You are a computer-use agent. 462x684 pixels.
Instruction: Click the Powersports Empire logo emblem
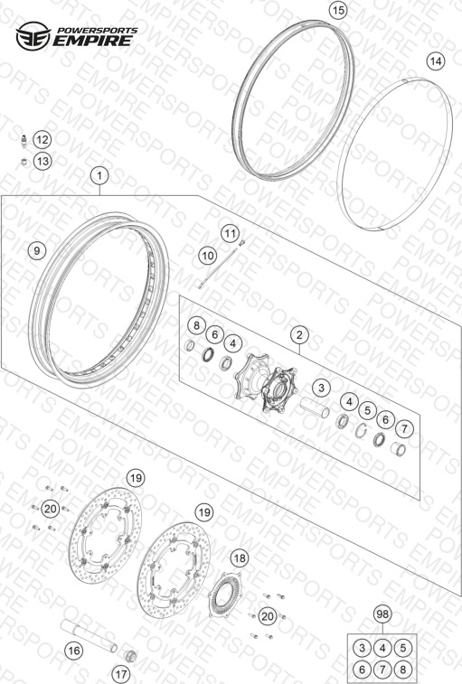pyautogui.click(x=33, y=36)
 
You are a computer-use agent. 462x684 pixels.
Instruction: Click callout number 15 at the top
pyautogui.click(x=338, y=10)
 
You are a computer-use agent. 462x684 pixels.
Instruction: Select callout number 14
pyautogui.click(x=436, y=61)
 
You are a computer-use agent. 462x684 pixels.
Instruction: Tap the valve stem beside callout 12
pyautogui.click(x=24, y=140)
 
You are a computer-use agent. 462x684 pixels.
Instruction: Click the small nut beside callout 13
pyautogui.click(x=25, y=162)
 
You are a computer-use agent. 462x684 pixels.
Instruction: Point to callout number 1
pyautogui.click(x=99, y=176)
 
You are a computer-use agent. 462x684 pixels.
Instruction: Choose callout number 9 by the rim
pyautogui.click(x=37, y=250)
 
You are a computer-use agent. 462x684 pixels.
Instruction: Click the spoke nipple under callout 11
pyautogui.click(x=242, y=243)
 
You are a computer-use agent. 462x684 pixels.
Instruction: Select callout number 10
pyautogui.click(x=207, y=255)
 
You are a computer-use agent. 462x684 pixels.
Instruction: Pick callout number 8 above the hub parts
pyautogui.click(x=196, y=325)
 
